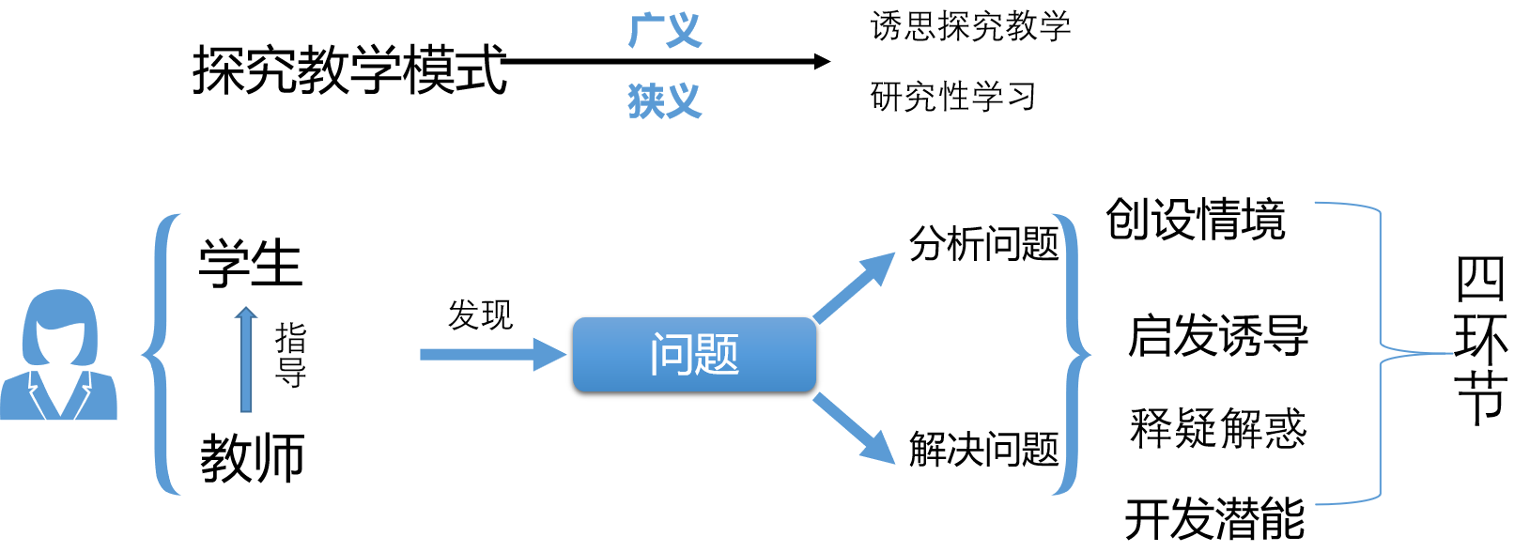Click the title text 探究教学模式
(349, 69)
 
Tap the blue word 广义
(665, 31)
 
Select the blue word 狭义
(665, 101)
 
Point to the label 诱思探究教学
(970, 26)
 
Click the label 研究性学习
(953, 96)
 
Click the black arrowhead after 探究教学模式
(823, 61)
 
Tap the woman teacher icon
(59, 354)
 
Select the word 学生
(250, 264)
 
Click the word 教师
(252, 458)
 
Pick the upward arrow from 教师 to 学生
(246, 360)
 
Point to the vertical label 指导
(290, 356)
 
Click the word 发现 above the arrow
(480, 315)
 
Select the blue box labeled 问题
(695, 355)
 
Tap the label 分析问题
(983, 244)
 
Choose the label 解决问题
(983, 449)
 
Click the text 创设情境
(1196, 219)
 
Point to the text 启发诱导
(1218, 336)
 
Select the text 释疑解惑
(1218, 428)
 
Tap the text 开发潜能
(1215, 519)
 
